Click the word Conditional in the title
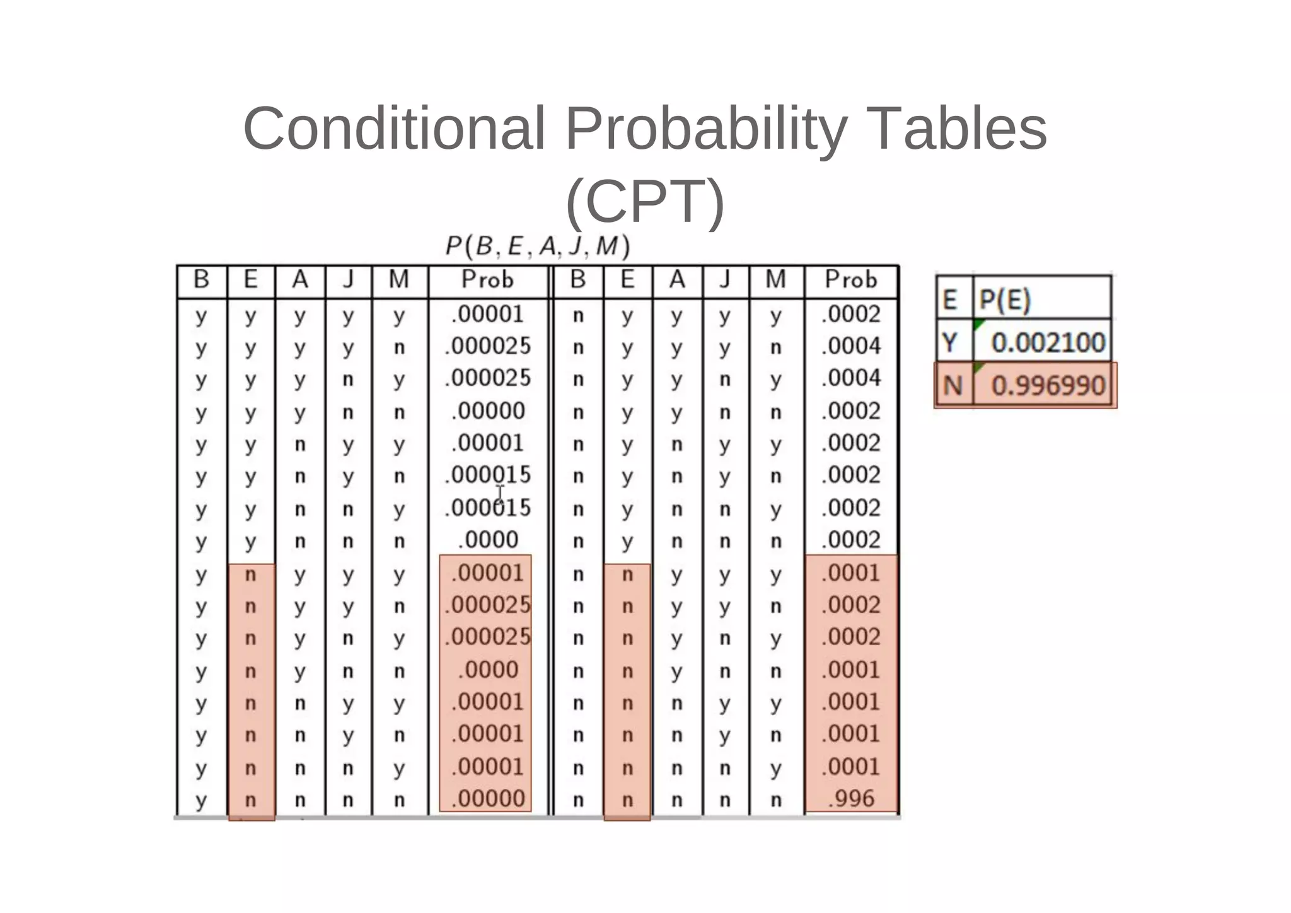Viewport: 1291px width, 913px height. coord(393,129)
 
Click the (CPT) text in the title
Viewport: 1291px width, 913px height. coord(645,201)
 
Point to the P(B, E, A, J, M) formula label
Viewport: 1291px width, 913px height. coord(537,246)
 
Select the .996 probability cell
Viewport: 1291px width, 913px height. coord(851,799)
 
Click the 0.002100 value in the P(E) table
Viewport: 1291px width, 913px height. coord(1048,342)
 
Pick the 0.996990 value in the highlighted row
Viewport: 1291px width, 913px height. coord(1048,385)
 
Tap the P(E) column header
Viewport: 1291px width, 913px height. coord(1005,300)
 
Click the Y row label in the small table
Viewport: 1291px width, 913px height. coord(950,343)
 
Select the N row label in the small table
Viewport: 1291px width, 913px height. coord(952,385)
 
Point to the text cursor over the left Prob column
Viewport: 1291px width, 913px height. coord(500,492)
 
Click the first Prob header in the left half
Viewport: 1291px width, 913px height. coord(487,279)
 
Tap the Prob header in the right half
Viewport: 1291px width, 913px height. coord(851,279)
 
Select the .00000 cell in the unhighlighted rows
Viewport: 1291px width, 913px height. coord(488,411)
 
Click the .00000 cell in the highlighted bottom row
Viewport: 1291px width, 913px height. coord(488,799)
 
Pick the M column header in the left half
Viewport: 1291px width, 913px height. coord(399,279)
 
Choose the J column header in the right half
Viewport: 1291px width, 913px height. coord(725,279)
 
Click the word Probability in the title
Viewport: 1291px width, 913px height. coord(705,129)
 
